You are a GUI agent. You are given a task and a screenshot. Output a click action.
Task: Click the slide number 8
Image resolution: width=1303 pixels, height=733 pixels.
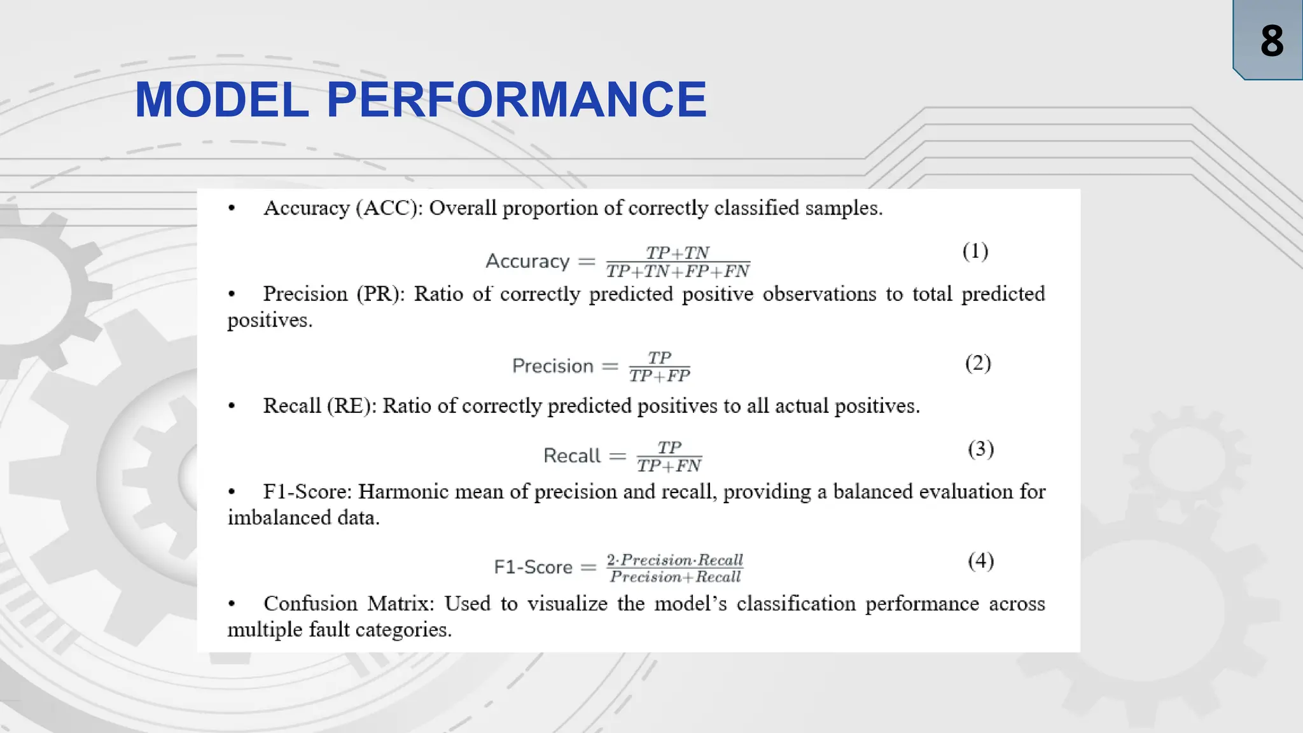[1271, 41]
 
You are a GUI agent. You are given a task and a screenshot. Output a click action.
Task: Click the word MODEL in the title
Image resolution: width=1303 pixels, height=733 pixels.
[221, 100]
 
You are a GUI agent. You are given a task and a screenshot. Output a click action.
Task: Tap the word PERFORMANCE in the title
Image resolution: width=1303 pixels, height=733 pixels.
[516, 100]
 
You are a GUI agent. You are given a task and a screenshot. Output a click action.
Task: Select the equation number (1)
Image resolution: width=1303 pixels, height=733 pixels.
[975, 251]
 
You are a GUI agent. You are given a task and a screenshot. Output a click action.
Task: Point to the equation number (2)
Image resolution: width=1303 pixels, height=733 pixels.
[977, 363]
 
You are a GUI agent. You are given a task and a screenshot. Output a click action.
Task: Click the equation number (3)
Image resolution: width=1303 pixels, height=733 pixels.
[980, 449]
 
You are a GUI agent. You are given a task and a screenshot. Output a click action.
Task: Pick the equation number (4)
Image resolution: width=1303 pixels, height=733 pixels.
[980, 561]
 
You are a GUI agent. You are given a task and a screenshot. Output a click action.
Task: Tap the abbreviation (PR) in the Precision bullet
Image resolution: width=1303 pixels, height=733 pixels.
[380, 295]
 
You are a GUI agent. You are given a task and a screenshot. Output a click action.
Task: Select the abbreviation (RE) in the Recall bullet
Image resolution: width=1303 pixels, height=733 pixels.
[351, 406]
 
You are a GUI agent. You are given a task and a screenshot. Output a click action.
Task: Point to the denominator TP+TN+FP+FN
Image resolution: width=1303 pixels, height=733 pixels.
[678, 272]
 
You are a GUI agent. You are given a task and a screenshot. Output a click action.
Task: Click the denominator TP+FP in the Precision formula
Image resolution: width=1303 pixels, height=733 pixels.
[659, 376]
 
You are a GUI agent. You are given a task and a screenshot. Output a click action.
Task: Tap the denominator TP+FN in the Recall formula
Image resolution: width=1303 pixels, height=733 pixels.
[669, 466]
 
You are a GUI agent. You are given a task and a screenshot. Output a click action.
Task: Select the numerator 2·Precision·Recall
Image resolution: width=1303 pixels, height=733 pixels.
[674, 560]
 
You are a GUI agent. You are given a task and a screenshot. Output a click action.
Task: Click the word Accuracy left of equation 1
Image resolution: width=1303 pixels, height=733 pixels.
[527, 262]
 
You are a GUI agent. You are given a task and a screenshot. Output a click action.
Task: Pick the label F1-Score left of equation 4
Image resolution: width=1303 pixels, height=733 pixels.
[533, 567]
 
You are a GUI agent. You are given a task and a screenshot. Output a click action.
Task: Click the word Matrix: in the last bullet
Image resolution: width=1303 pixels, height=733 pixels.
[400, 604]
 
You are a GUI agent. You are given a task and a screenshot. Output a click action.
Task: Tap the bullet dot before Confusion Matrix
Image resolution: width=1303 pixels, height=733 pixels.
[232, 604]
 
